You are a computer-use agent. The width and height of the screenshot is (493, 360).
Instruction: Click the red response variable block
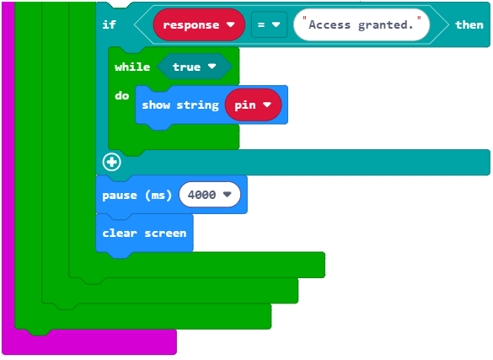tap(199, 24)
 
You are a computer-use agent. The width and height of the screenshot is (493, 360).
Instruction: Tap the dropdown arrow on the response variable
tap(230, 24)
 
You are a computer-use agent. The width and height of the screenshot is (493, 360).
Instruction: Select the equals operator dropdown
tap(269, 24)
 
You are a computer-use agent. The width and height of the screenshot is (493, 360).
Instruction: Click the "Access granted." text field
tap(362, 24)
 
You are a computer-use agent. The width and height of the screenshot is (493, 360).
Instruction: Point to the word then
tap(469, 24)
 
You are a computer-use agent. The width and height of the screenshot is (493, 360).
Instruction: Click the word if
tap(109, 24)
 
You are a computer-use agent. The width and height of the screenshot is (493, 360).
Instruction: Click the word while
tap(132, 67)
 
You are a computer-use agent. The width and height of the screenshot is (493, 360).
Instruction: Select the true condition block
tap(195, 67)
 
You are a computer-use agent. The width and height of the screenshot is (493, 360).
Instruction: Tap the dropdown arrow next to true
tap(212, 67)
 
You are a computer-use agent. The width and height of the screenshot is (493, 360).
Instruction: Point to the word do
tap(122, 95)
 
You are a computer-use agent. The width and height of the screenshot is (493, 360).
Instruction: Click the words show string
tap(180, 105)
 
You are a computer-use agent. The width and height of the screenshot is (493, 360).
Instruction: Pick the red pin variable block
tap(253, 105)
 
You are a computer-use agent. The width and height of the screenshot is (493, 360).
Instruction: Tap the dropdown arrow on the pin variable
tap(267, 105)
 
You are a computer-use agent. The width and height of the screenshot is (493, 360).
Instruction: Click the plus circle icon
tap(111, 162)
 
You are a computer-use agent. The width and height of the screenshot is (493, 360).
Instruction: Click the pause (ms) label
tap(137, 196)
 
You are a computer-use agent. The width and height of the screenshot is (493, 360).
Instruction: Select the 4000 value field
tap(210, 195)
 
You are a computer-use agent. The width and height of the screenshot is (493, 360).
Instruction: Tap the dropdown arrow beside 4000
tap(227, 195)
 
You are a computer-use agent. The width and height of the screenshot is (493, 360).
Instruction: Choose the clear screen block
tap(144, 233)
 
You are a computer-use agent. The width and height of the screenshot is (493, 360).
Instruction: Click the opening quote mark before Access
tap(304, 19)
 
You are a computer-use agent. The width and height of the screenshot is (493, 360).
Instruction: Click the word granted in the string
tap(386, 24)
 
